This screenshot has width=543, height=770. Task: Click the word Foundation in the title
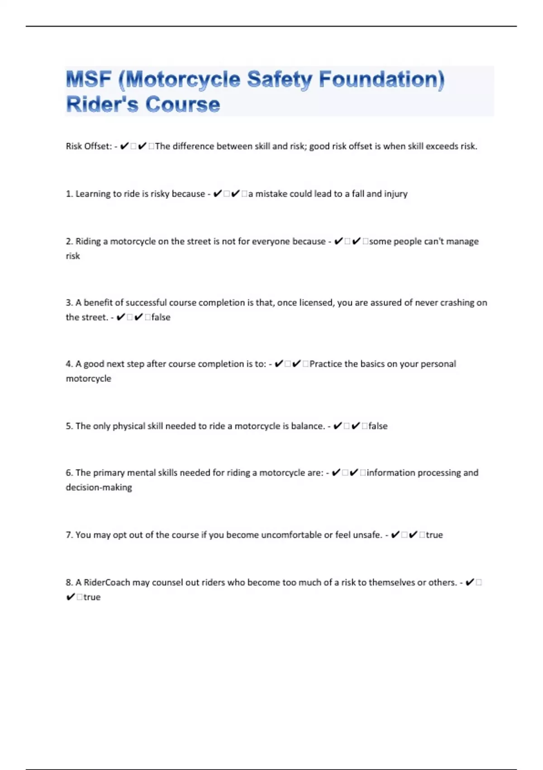tap(381, 79)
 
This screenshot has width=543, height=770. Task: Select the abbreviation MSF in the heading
tap(89, 79)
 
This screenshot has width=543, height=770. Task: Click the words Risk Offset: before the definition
tap(89, 146)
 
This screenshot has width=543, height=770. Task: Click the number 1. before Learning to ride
tap(69, 194)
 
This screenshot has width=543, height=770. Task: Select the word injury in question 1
tap(396, 194)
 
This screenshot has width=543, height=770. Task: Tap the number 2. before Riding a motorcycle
tap(69, 241)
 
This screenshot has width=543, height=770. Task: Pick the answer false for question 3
tap(161, 318)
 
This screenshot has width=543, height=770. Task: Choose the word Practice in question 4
tap(326, 364)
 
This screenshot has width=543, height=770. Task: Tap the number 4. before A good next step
tap(69, 364)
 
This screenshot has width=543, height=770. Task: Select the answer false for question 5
tap(378, 426)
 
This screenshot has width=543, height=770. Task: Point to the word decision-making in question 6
tap(99, 488)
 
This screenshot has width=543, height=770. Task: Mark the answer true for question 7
tap(434, 535)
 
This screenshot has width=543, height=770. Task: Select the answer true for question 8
tap(92, 597)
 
